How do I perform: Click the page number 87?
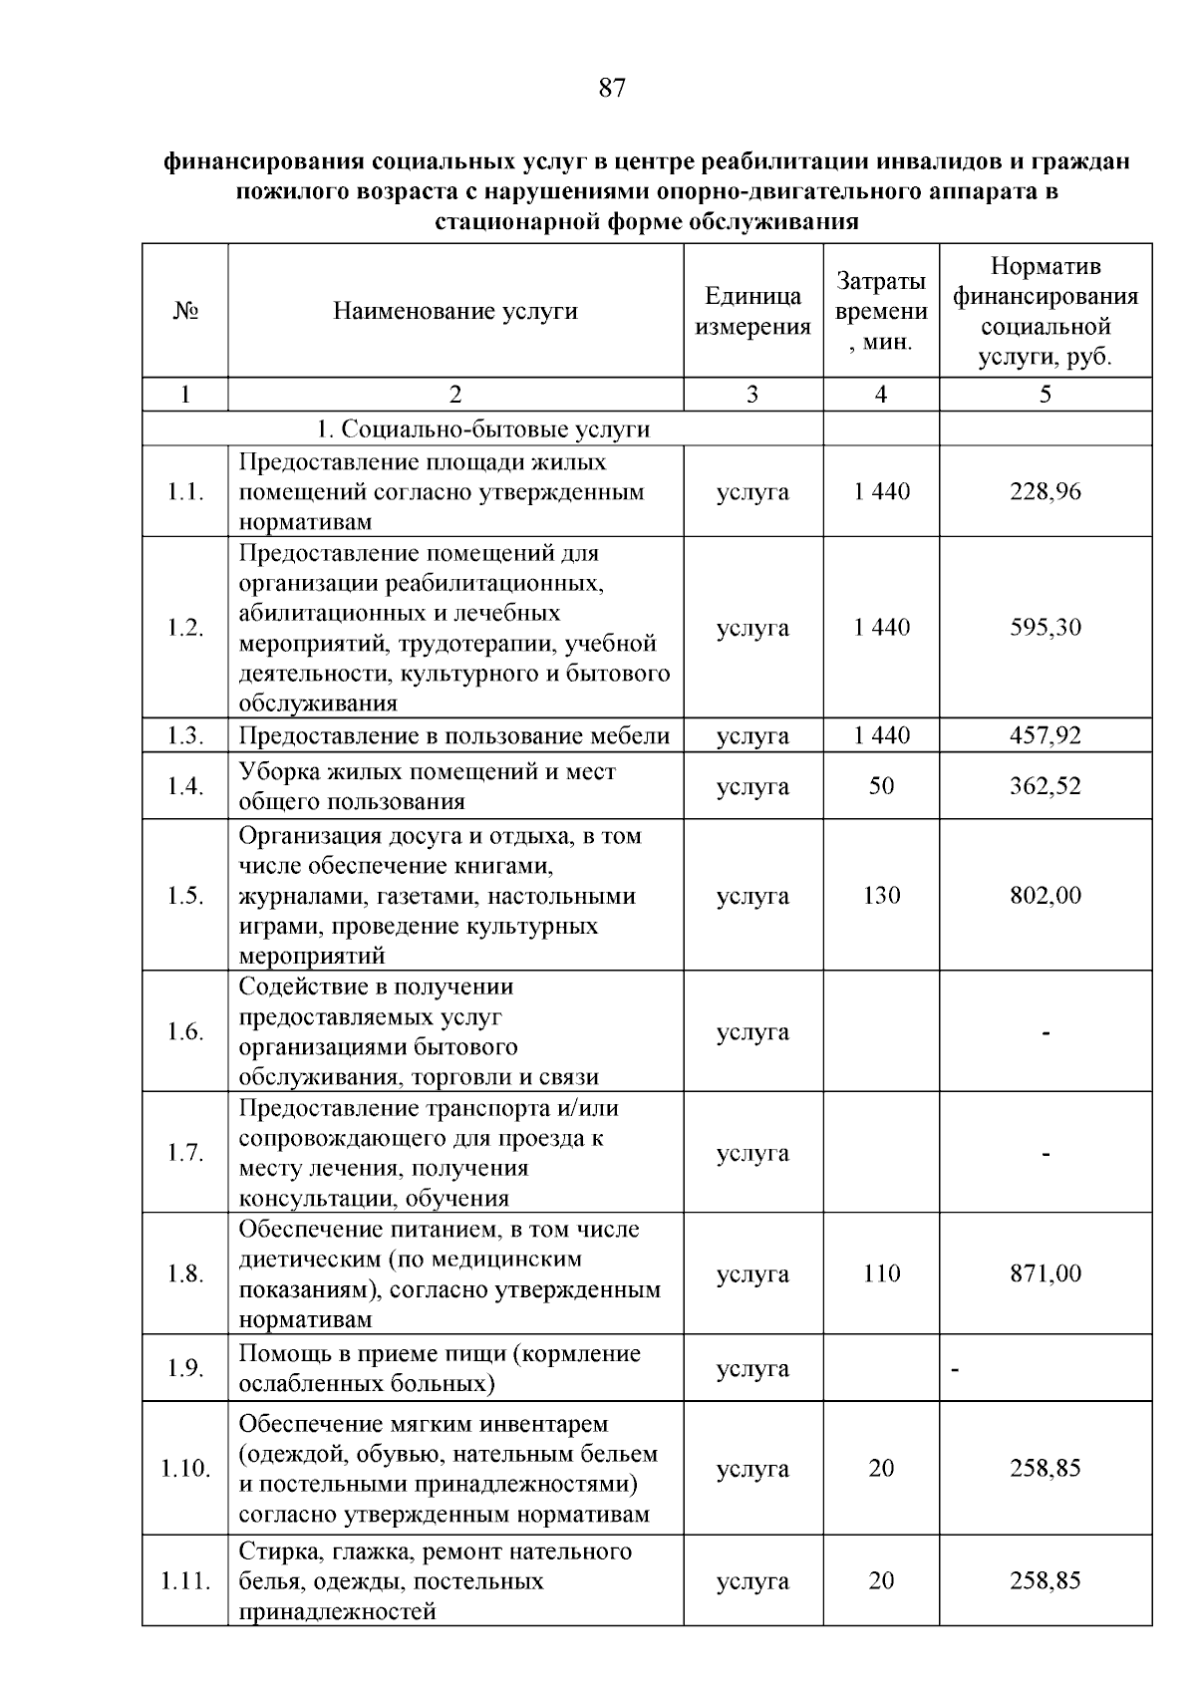612,89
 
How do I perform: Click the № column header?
185,311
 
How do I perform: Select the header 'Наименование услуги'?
455,311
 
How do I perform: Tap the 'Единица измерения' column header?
752,311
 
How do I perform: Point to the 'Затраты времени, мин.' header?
881,311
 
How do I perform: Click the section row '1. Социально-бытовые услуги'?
482,428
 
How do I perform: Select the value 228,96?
1045,491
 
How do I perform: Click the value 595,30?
1045,628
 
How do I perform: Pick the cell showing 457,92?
1045,735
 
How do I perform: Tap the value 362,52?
1045,786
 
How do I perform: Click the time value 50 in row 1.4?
881,786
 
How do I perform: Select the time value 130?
881,895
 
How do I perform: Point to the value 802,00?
1045,895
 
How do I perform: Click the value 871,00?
1045,1273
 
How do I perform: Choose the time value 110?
881,1273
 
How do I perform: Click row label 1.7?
185,1153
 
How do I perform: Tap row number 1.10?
185,1469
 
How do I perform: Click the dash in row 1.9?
955,1372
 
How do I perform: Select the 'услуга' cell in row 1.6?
752,1032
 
